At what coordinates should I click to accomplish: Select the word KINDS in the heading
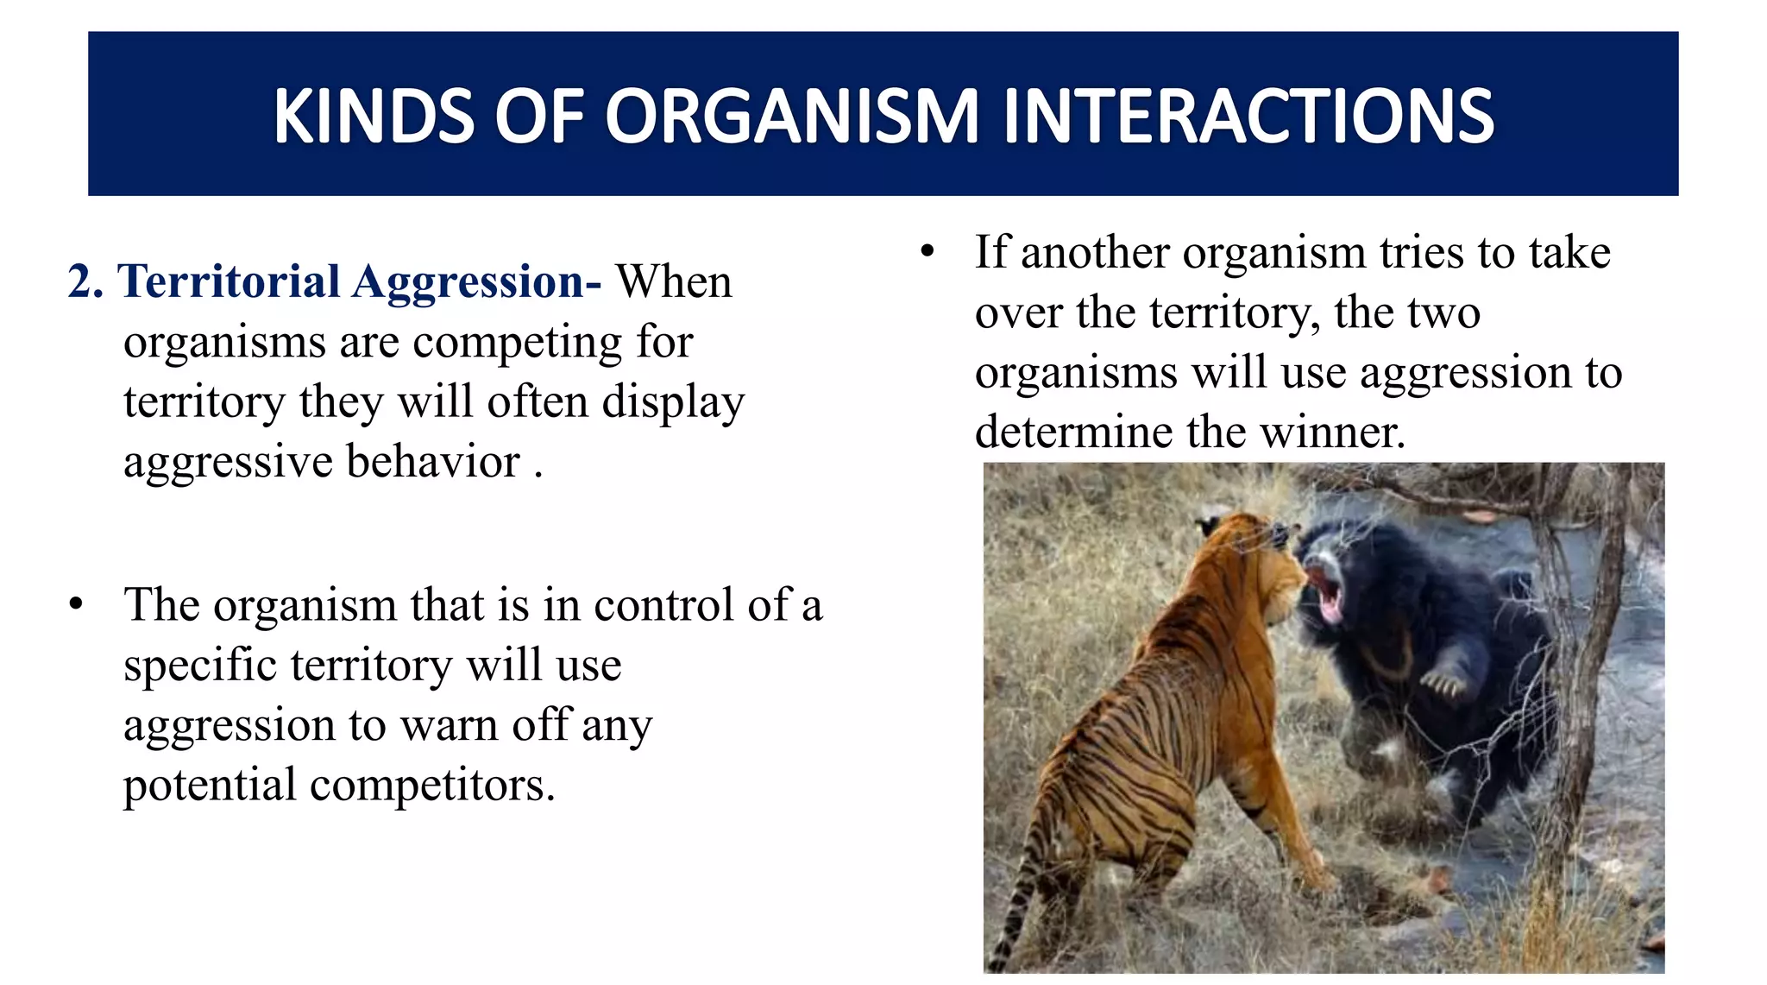pyautogui.click(x=373, y=117)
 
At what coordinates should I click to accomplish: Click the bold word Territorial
pyautogui.click(x=230, y=282)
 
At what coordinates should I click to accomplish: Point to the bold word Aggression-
pyautogui.click(x=476, y=282)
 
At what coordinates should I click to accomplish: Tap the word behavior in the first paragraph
pyautogui.click(x=433, y=462)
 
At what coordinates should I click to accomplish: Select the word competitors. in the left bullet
pyautogui.click(x=431, y=786)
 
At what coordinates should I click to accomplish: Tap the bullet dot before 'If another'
pyautogui.click(x=928, y=253)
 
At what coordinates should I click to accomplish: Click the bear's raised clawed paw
pyautogui.click(x=1443, y=682)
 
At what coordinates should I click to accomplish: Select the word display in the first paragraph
pyautogui.click(x=672, y=403)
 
